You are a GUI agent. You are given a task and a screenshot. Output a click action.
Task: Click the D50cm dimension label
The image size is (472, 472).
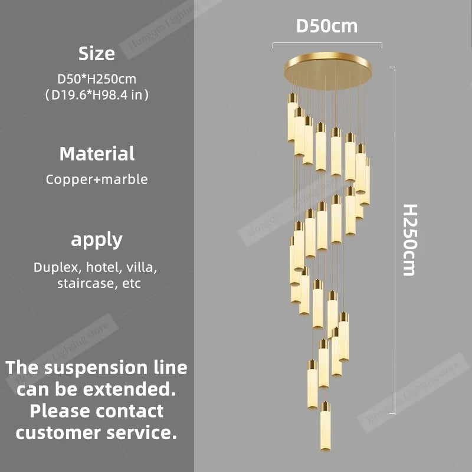click(x=327, y=26)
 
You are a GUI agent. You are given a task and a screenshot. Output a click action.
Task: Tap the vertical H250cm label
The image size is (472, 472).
click(x=410, y=240)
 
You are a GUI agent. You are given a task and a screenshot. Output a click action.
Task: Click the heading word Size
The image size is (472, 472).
click(x=97, y=54)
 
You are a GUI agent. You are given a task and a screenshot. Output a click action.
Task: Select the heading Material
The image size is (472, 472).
click(x=97, y=154)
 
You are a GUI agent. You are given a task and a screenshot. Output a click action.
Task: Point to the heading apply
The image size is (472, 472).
click(x=97, y=240)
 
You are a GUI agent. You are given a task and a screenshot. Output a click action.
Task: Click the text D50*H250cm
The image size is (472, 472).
click(x=97, y=79)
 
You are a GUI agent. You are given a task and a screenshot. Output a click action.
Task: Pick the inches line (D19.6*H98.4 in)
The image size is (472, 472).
click(x=97, y=95)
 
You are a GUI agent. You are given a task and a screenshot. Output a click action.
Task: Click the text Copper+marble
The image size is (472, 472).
click(x=97, y=179)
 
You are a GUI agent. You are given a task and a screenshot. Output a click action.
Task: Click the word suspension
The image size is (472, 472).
click(x=96, y=368)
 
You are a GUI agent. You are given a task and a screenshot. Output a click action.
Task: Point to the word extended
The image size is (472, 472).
click(x=129, y=389)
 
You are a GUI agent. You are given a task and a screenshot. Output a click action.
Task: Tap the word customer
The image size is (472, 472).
click(x=58, y=432)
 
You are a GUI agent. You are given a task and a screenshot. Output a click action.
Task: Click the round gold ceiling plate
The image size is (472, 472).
click(x=328, y=70)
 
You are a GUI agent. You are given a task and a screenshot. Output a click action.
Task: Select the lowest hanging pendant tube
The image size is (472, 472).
click(x=326, y=426)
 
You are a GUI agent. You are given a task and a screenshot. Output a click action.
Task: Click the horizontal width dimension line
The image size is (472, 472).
click(x=327, y=43)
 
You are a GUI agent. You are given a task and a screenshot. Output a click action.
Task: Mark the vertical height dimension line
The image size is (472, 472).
click(x=394, y=240)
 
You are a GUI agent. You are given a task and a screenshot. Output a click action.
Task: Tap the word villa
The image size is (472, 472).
click(x=142, y=267)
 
